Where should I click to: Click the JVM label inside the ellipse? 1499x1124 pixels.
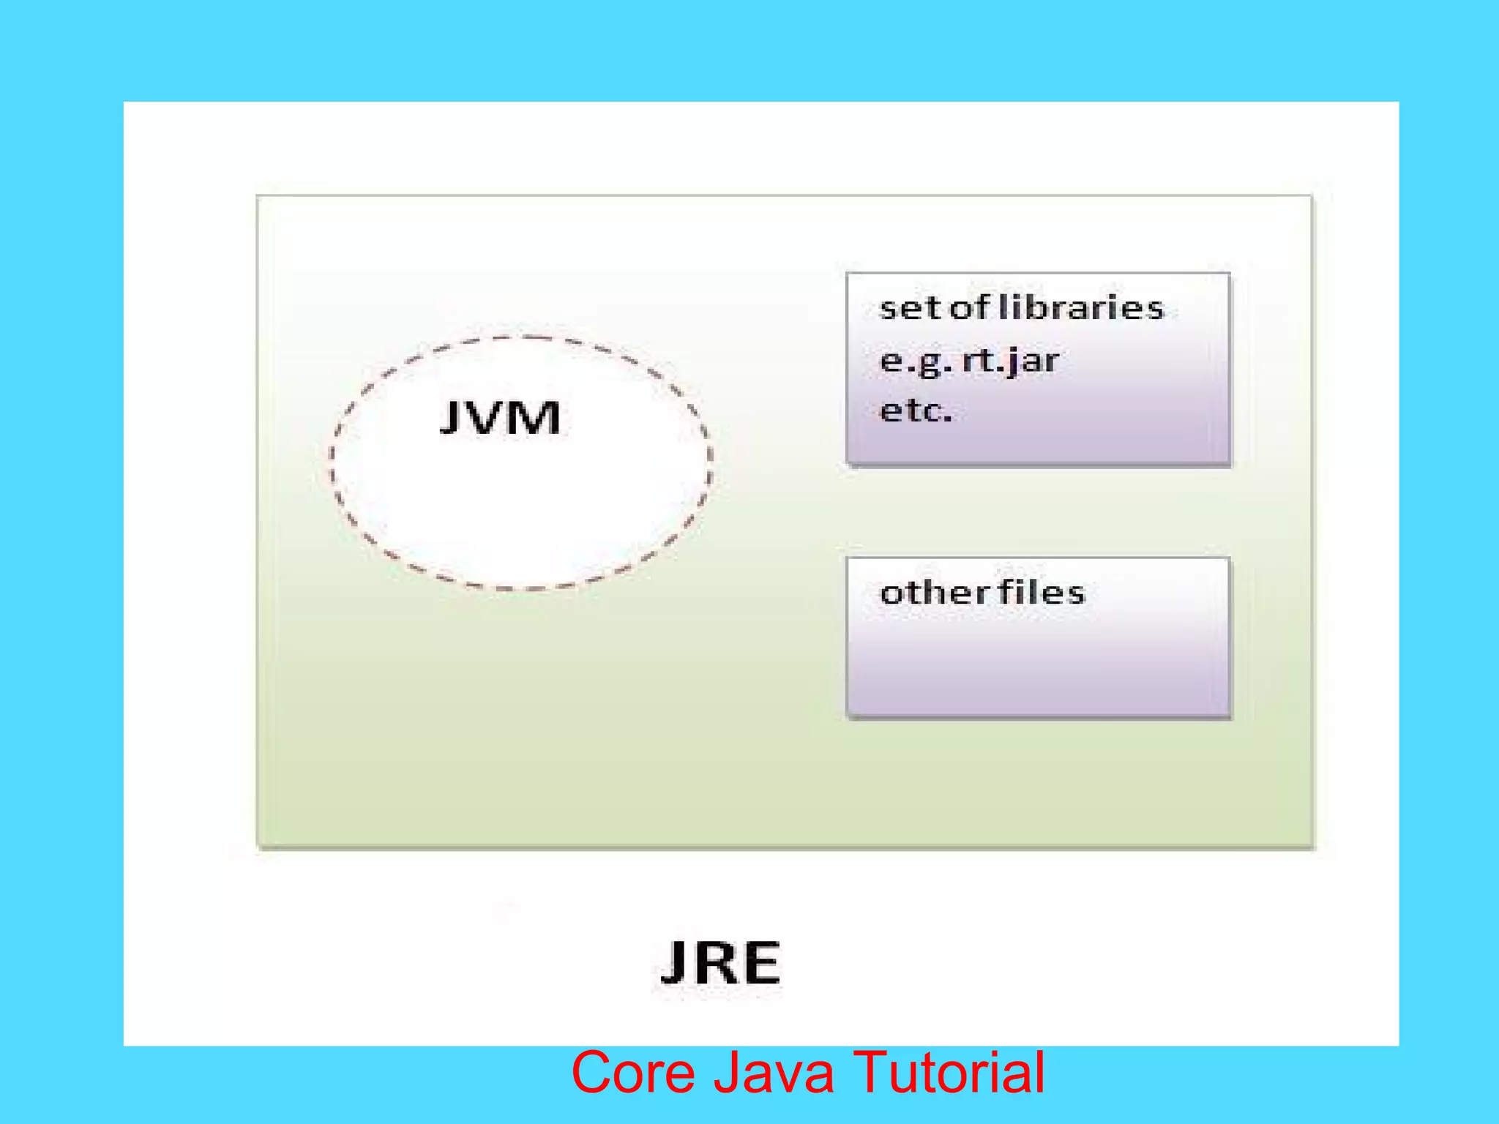tap(501, 419)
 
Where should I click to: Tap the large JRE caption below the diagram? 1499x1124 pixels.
tap(721, 963)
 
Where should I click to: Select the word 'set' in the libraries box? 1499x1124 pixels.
tap(911, 308)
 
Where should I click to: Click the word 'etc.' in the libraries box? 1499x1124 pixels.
tap(916, 411)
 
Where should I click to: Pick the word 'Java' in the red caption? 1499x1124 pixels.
tap(774, 1073)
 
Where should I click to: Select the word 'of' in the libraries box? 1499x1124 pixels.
tap(970, 307)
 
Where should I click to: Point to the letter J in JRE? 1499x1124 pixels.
tap(673, 963)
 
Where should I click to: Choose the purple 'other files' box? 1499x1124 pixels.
tap(1038, 659)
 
